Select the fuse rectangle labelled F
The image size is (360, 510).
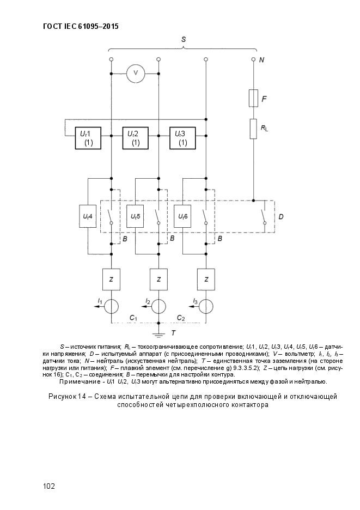point(253,98)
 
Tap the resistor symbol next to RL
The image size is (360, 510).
point(253,129)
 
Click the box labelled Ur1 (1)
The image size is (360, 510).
point(88,138)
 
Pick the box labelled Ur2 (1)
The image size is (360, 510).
point(135,138)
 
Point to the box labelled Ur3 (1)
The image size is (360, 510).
point(183,138)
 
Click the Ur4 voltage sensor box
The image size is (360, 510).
point(88,216)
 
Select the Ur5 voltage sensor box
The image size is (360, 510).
point(135,216)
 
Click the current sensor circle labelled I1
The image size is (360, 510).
point(111,306)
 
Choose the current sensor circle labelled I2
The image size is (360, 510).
point(158,306)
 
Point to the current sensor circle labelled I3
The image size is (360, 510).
point(206,306)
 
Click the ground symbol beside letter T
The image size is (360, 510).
point(158,335)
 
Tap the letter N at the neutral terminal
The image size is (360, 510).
point(262,60)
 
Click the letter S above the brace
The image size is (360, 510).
point(184,39)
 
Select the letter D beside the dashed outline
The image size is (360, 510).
point(281,217)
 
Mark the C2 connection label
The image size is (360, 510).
point(181,318)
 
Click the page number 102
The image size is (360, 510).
point(49,486)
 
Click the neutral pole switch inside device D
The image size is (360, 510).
point(263,217)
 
